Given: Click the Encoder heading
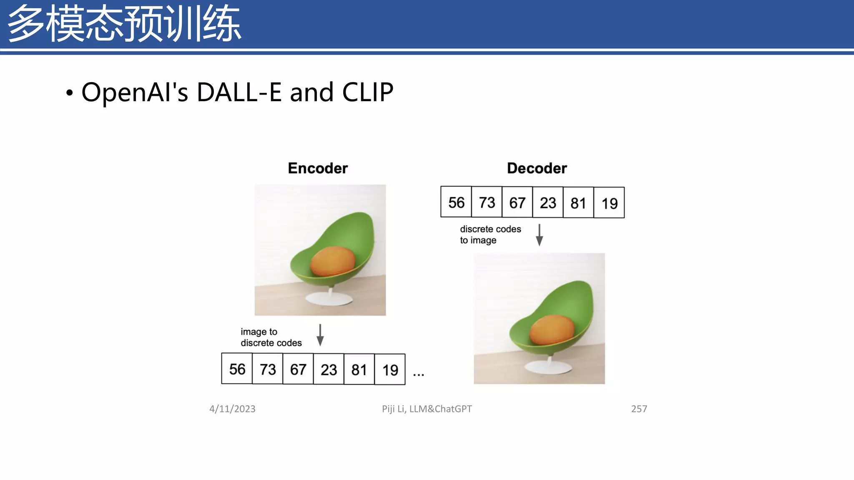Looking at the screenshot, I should pyautogui.click(x=318, y=168).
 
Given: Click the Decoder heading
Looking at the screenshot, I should pyautogui.click(x=537, y=168).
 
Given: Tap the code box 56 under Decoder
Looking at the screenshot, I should pyautogui.click(x=456, y=202).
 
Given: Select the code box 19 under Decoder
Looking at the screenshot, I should pyautogui.click(x=609, y=203).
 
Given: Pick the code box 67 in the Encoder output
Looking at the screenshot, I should pyautogui.click(x=298, y=369).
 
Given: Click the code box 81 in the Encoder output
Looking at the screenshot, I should pyautogui.click(x=359, y=369).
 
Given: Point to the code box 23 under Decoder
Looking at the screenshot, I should pyautogui.click(x=548, y=202).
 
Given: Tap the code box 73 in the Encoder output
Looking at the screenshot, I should pyautogui.click(x=268, y=369).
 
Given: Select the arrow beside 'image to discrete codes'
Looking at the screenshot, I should pyautogui.click(x=320, y=335).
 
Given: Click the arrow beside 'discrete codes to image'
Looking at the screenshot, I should pyautogui.click(x=539, y=235).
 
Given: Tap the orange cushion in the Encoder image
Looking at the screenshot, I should pyautogui.click(x=333, y=261).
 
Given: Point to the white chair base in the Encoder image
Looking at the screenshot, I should pyautogui.click(x=329, y=299).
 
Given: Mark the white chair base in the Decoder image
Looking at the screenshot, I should pyautogui.click(x=548, y=367).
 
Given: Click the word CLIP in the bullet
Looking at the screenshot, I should pyautogui.click(x=367, y=92).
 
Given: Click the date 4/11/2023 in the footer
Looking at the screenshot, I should pyautogui.click(x=232, y=409).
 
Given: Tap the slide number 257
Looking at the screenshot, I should pyautogui.click(x=639, y=409).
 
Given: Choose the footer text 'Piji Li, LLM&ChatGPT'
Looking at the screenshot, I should pyautogui.click(x=427, y=409).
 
